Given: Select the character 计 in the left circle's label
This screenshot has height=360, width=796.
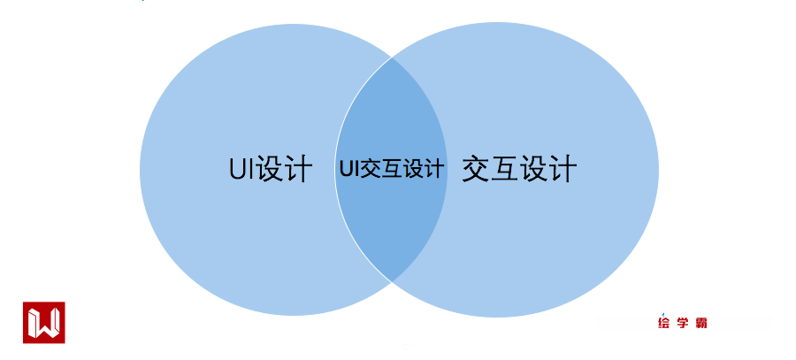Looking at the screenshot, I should pos(300,169).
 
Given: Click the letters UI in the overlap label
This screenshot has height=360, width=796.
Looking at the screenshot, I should pos(348,169).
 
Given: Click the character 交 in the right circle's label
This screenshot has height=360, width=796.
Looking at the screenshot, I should pos(476,168).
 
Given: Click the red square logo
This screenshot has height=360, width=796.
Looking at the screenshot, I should pos(43,323).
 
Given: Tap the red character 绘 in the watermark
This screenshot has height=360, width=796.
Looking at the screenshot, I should pos(664,324).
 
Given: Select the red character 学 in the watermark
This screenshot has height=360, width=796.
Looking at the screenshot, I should pos(683,324).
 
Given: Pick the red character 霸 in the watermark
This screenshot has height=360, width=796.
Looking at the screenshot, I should pos(701,324).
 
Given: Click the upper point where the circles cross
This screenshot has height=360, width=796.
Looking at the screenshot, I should pos(391,58).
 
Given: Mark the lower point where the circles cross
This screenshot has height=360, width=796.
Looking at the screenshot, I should pos(391,280).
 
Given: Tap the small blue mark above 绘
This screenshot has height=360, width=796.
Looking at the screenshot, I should pos(665,312).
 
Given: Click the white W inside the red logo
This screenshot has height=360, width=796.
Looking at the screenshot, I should pos(43,323).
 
